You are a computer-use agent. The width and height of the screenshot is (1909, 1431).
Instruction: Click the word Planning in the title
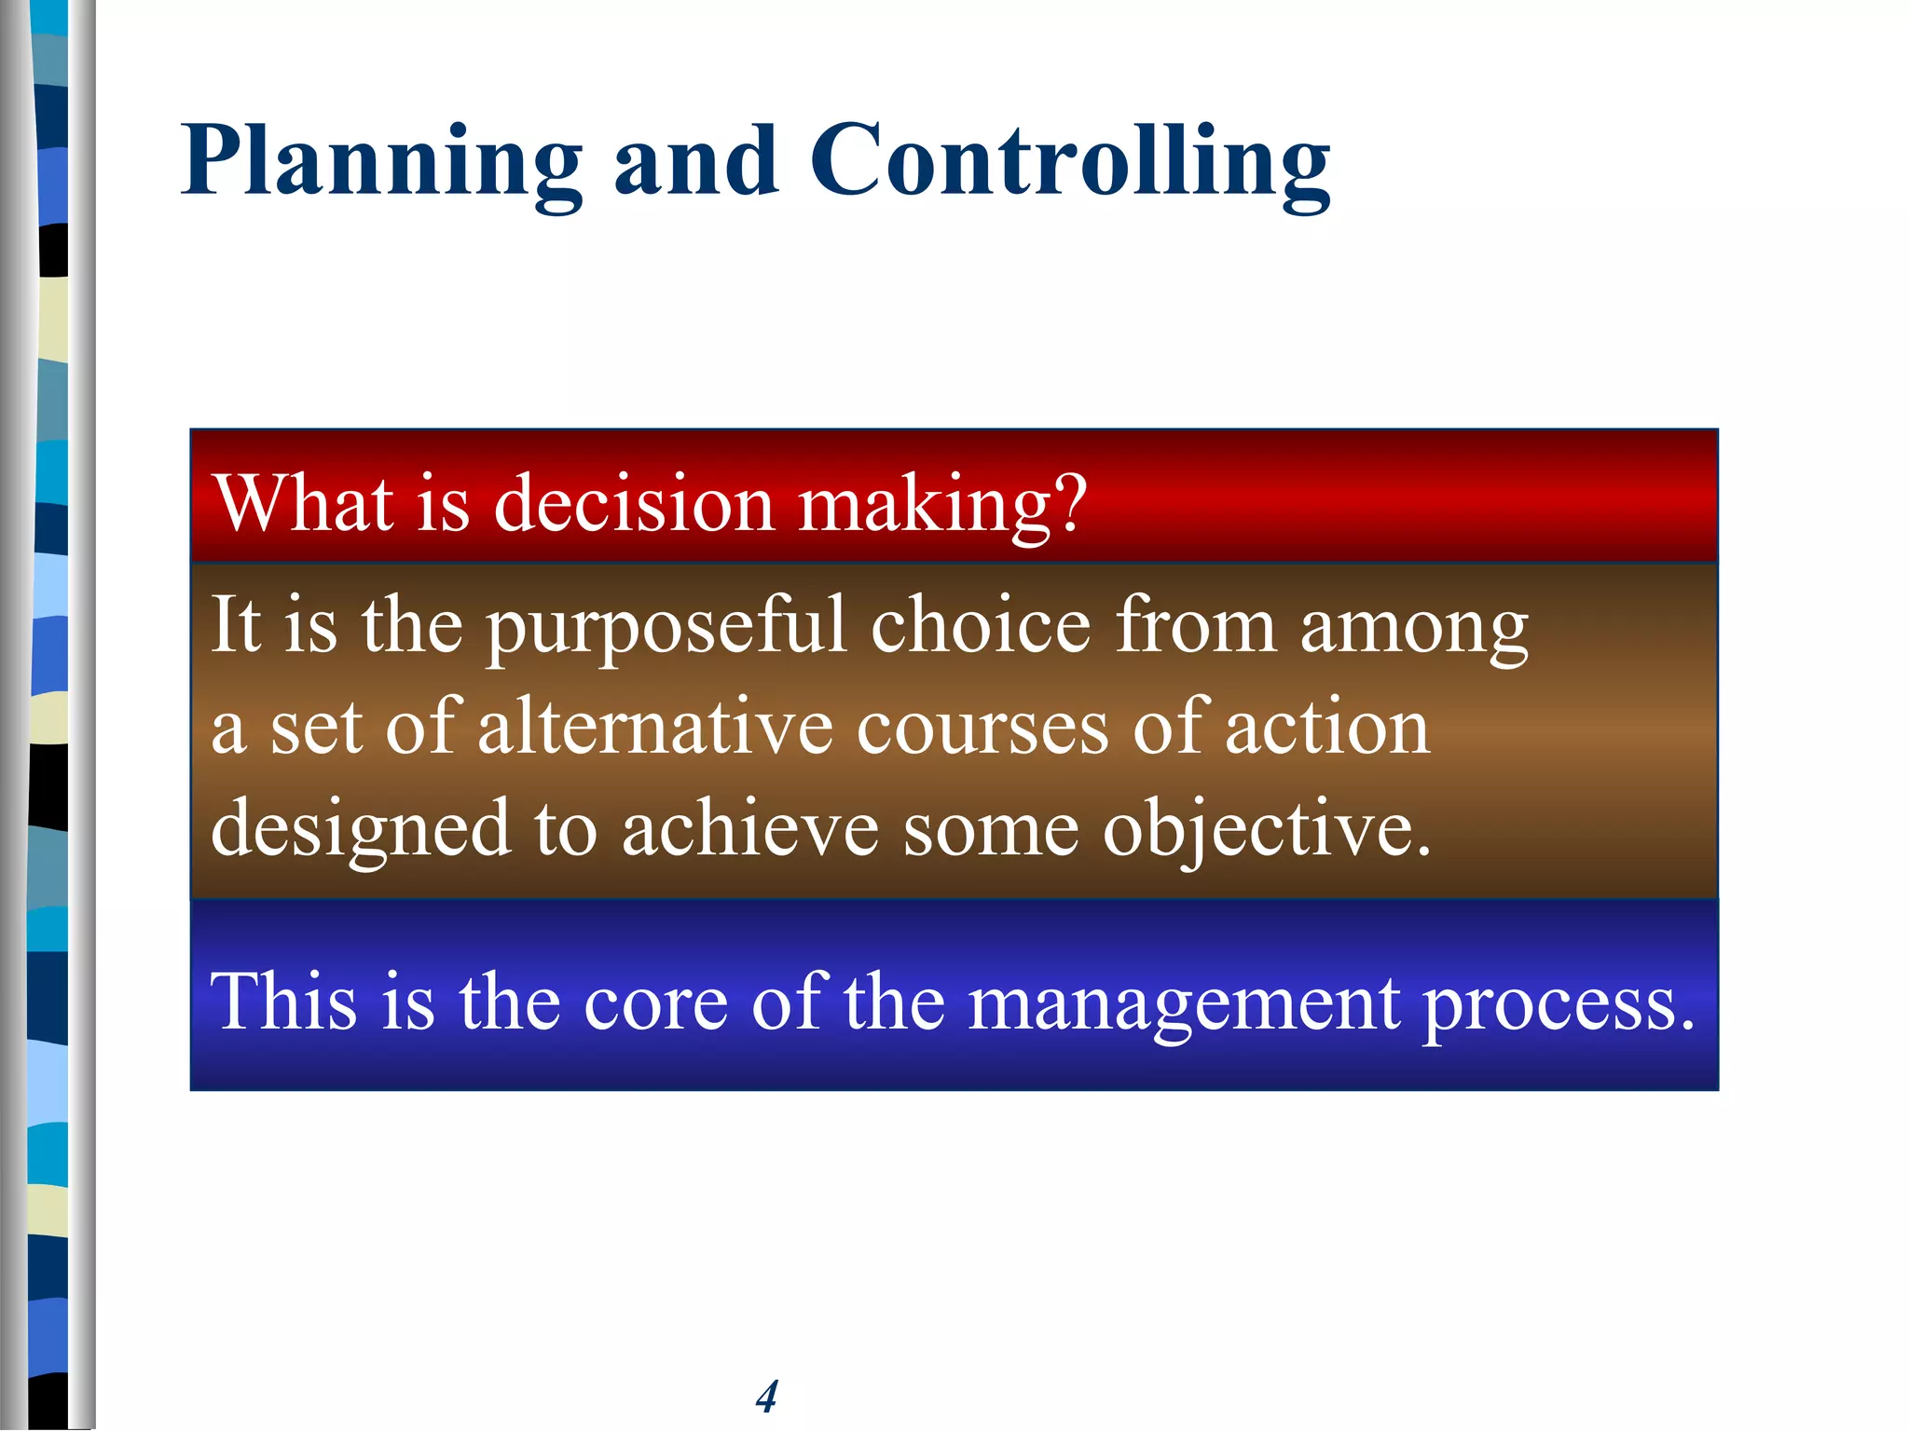[382, 163]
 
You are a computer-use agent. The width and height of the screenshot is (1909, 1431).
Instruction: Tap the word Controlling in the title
[1070, 163]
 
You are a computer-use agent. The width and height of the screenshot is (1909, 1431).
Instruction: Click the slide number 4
[766, 1396]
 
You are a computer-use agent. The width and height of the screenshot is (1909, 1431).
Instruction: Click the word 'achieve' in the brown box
[750, 829]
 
